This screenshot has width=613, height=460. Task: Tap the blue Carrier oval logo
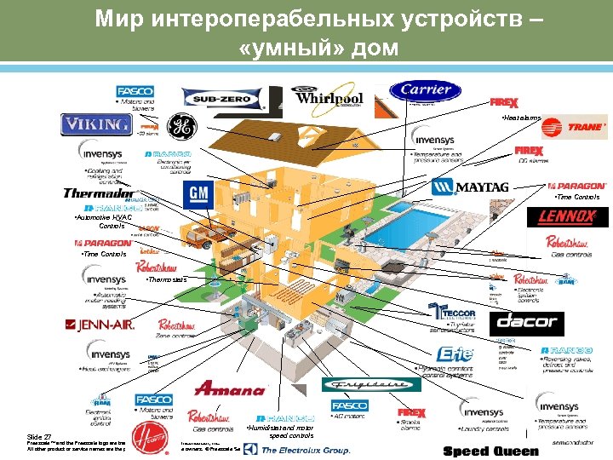pos(426,90)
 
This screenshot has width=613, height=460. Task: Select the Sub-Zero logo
pos(224,100)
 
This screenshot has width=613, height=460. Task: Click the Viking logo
pos(96,125)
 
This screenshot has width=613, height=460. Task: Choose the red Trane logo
pos(575,128)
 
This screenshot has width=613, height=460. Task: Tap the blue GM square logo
pos(198,194)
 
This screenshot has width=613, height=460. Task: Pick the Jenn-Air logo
pos(100,325)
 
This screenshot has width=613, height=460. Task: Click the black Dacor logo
pos(525,322)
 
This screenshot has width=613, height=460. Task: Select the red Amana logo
pos(230,389)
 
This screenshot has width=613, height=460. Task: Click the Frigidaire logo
pos(371,385)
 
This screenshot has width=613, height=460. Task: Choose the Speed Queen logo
pos(491,451)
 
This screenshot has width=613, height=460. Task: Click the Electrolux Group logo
pos(305,450)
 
